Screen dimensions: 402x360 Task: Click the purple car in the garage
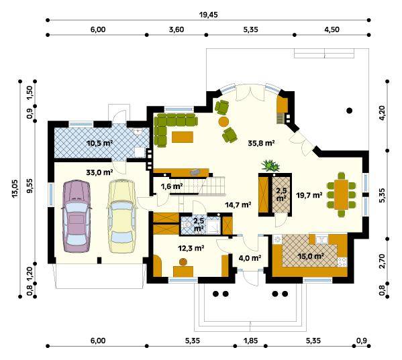click(76, 217)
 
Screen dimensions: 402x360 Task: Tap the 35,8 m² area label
click(261, 143)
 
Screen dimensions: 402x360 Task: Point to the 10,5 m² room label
click(100, 143)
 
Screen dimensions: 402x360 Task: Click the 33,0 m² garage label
click(99, 172)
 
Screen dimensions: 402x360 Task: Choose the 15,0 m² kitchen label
click(310, 256)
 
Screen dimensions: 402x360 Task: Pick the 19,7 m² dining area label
click(309, 195)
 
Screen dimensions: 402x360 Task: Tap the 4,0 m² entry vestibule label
click(250, 258)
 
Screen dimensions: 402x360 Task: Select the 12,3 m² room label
click(191, 248)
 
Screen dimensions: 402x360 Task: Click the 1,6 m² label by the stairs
click(172, 186)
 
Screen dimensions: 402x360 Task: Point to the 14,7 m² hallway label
click(238, 204)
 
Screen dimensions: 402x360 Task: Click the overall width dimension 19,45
click(208, 15)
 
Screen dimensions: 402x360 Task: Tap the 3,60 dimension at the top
click(177, 29)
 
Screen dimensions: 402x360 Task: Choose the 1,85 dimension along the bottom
click(250, 341)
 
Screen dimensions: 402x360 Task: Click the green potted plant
click(270, 166)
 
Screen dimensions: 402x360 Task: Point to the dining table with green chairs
click(341, 194)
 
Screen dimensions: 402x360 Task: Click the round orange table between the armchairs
click(223, 121)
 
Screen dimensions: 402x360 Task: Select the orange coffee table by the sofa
click(183, 137)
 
